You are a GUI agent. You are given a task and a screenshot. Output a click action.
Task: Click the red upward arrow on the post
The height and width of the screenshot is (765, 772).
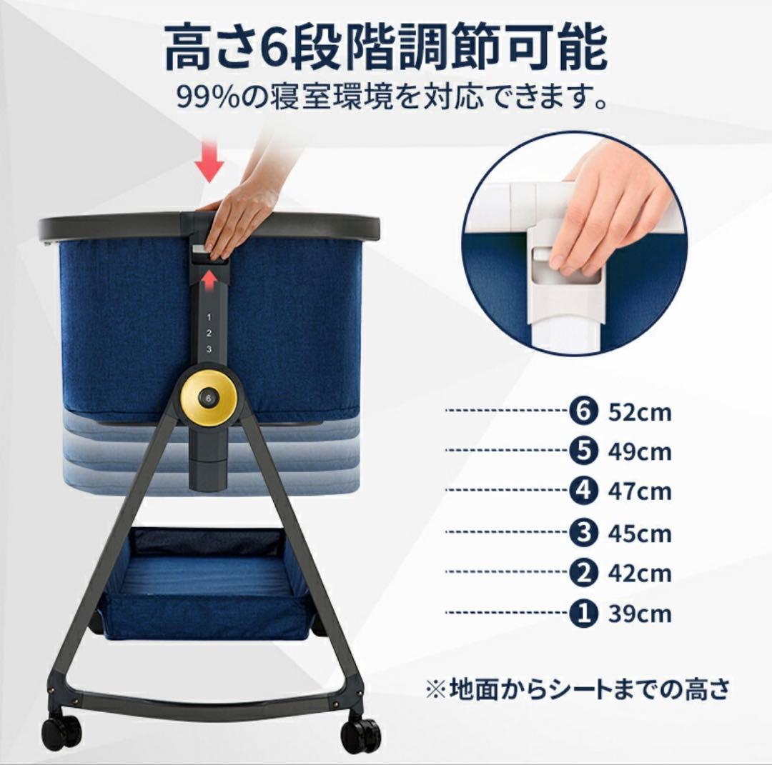point(209,279)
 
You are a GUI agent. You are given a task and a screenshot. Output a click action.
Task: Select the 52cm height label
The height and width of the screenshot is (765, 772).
point(640,412)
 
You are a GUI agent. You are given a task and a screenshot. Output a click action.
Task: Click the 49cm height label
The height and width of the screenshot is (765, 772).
point(640,452)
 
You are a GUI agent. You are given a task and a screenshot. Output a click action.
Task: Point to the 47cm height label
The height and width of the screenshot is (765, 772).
point(640,492)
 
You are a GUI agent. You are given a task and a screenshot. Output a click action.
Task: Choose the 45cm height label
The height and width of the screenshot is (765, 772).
point(640,533)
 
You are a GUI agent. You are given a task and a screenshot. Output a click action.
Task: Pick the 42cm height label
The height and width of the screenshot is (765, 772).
point(640,574)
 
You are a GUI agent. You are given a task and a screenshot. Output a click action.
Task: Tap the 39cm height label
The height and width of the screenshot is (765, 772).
point(640,614)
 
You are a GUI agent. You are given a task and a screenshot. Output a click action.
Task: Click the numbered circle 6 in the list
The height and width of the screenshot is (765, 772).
point(583,411)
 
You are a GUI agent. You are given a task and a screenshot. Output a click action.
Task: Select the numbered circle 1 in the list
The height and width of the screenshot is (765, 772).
point(583,614)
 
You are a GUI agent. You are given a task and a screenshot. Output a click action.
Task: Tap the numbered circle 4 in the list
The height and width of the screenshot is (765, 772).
point(583,491)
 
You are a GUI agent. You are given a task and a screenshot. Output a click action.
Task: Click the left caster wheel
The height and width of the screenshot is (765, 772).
point(62,731)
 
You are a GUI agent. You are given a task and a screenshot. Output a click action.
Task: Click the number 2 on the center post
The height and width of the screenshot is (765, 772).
point(209,333)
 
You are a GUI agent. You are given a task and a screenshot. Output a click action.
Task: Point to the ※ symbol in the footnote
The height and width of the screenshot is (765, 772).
point(435,690)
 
